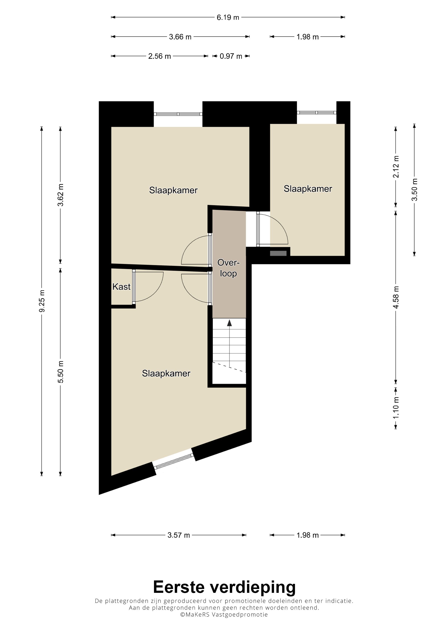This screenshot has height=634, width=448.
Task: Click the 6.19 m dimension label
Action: coord(228,17)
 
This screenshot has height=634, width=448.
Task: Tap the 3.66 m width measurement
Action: coord(180,37)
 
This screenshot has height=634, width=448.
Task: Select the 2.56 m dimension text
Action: coord(159,56)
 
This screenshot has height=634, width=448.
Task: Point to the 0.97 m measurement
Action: coord(231,56)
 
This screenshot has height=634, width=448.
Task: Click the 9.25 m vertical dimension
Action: coord(42,301)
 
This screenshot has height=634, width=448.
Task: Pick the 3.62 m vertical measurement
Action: coord(60,195)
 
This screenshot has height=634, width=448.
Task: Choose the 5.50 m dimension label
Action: coord(60,372)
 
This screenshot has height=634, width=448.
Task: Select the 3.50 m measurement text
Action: coord(414,190)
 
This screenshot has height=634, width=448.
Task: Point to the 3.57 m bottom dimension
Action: coord(179,535)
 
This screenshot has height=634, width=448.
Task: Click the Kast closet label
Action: coord(121,287)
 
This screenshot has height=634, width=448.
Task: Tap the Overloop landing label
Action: coord(228,268)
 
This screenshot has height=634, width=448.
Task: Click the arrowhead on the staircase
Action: coord(229,323)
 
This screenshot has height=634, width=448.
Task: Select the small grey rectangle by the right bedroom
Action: coord(278,253)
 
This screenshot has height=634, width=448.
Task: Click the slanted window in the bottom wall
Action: coord(174,461)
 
